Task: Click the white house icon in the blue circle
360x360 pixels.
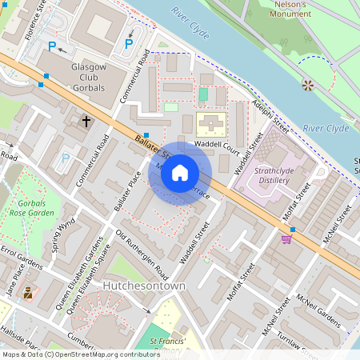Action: pyautogui.click(x=180, y=173)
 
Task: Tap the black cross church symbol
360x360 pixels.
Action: pyautogui.click(x=86, y=122)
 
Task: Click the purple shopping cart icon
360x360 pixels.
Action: pyautogui.click(x=286, y=238)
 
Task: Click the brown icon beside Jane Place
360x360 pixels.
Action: pyautogui.click(x=28, y=293)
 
